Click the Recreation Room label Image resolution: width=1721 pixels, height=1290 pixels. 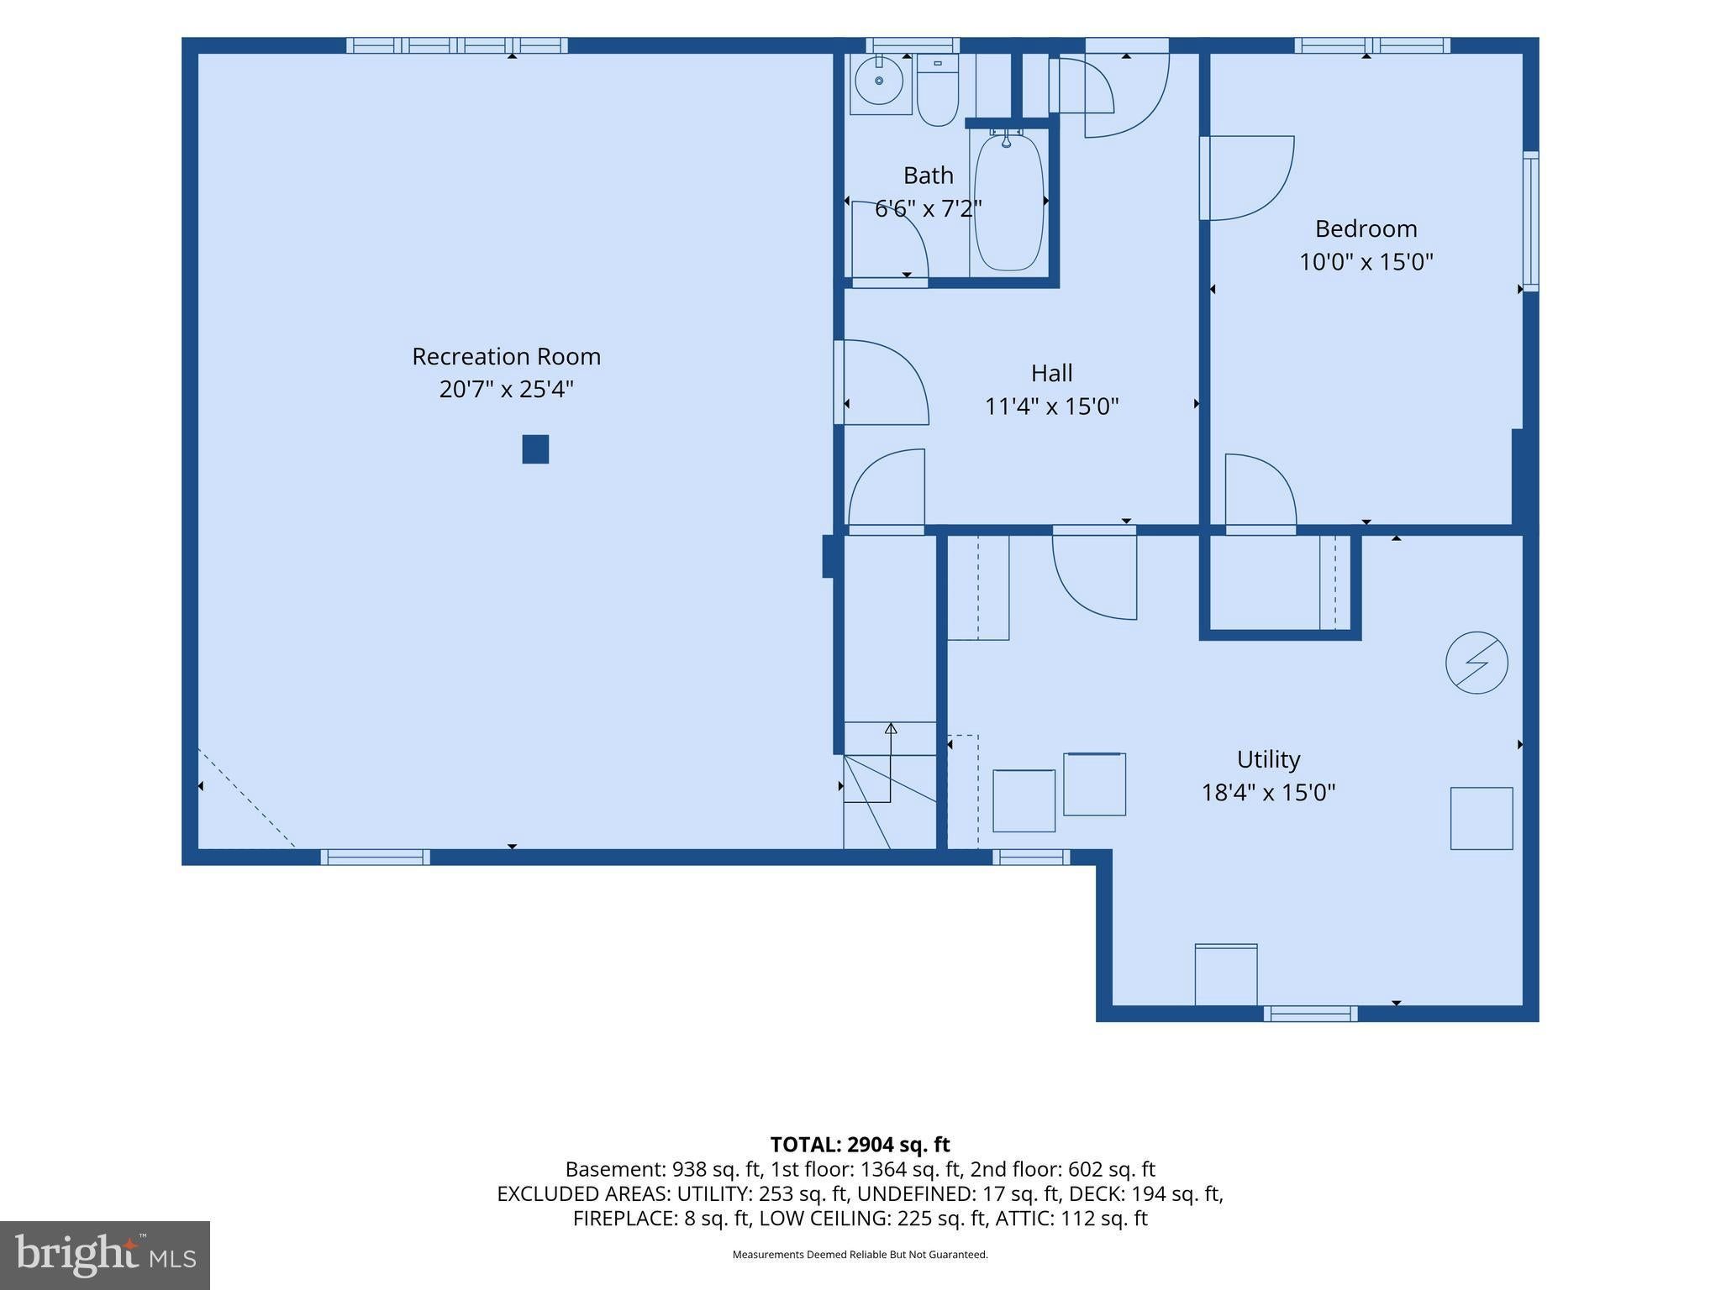506,356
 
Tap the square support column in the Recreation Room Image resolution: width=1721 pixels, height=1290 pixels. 535,449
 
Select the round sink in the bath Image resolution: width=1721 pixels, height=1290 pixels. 879,81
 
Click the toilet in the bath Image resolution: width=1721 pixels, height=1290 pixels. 937,89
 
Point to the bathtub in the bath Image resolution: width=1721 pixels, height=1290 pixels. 1008,202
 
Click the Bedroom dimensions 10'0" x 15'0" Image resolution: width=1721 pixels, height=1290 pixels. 1366,262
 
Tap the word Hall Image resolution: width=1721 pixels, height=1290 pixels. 1051,373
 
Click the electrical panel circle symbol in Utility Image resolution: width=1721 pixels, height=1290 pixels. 1476,663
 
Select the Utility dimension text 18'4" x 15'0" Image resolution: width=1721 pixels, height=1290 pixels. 1268,792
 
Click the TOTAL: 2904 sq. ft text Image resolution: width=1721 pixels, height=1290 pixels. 860,1145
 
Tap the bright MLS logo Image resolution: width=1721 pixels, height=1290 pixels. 105,1256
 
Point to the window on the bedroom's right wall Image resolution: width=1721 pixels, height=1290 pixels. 1531,222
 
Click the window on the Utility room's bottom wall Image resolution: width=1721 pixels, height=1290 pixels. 1310,1014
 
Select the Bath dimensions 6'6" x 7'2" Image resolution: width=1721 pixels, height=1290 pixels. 929,208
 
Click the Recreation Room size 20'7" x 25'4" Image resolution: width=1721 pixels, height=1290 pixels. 506,390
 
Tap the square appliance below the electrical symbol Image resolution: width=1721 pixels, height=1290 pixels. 1482,818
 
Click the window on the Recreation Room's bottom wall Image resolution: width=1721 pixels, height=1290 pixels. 375,857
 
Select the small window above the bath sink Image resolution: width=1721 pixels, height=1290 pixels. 913,45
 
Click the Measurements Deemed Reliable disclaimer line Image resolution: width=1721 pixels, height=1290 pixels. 860,1255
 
